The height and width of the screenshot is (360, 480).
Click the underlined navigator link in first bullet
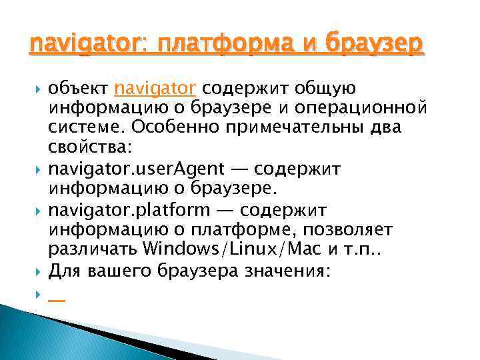tap(155, 88)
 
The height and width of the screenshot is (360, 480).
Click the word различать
tap(93, 248)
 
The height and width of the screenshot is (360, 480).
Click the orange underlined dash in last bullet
tap(57, 299)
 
